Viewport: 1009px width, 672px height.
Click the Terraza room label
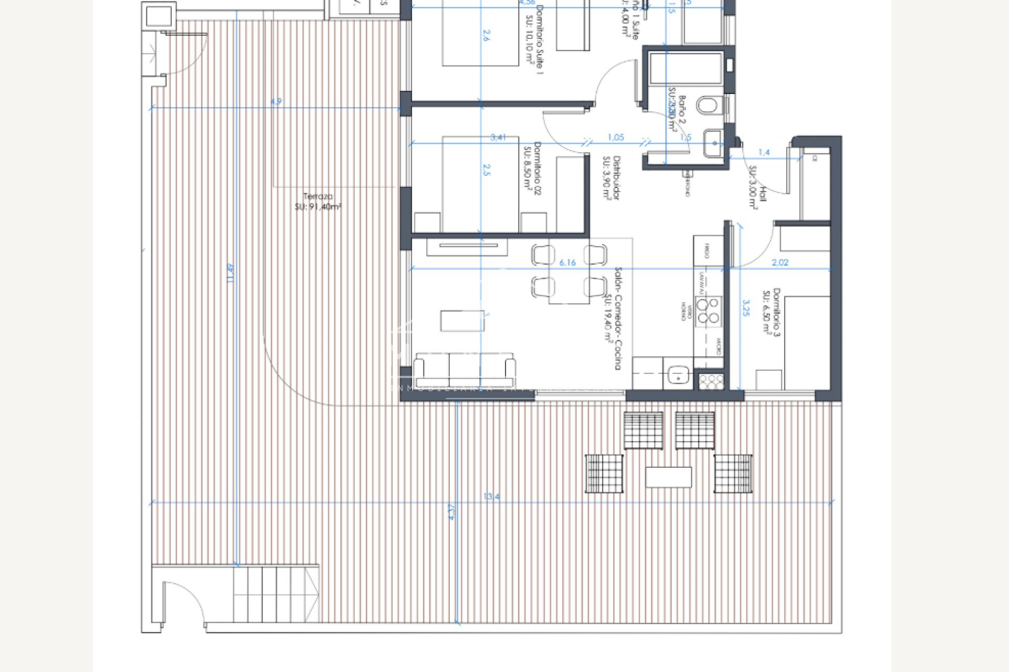tap(318, 202)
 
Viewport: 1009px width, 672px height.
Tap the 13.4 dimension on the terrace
tap(491, 496)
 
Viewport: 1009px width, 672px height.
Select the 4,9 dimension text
tap(276, 101)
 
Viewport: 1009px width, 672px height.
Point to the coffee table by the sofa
tap(462, 321)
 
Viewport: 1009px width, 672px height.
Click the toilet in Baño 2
tap(707, 106)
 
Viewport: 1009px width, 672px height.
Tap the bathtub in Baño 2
tap(685, 68)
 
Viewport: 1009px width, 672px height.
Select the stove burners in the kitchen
tap(708, 311)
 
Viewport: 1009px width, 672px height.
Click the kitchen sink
tap(677, 375)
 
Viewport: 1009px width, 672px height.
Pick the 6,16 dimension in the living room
tap(568, 262)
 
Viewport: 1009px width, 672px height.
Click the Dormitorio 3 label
tap(772, 312)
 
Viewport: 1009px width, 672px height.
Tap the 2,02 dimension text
tap(780, 262)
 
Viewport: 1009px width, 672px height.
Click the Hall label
tap(758, 188)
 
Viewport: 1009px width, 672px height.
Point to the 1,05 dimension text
tap(615, 138)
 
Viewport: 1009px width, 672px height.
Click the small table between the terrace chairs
tap(668, 477)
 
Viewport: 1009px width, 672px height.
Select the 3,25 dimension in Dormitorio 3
tap(746, 308)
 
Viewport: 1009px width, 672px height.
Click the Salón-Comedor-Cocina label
tap(613, 318)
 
